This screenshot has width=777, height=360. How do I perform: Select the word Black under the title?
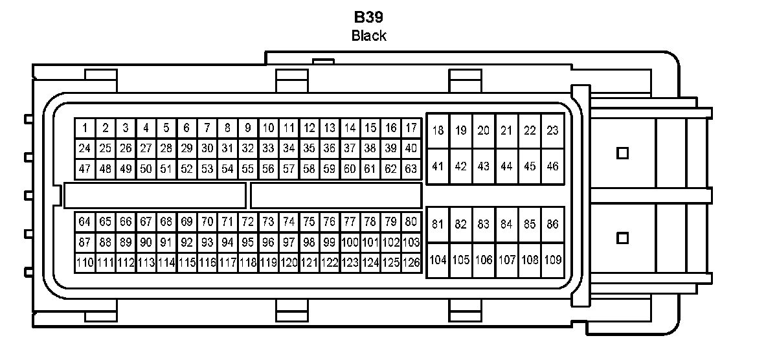[x=368, y=36]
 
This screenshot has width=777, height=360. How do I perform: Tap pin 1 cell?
[x=85, y=128]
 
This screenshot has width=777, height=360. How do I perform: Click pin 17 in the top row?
[x=411, y=128]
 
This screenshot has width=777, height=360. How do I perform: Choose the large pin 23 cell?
[x=552, y=131]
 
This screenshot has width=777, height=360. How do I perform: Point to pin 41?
[x=438, y=166]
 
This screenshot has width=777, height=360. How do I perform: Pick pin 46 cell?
[x=552, y=166]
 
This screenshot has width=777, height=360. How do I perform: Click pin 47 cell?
[x=85, y=169]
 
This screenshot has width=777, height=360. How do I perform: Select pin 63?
[x=411, y=169]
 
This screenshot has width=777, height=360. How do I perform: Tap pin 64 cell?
[x=85, y=221]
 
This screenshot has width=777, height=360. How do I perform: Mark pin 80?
[x=411, y=221]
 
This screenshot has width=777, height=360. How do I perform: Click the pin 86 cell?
[x=552, y=225]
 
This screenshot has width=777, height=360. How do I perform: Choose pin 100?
[x=350, y=242]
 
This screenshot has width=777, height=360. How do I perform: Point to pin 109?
[x=552, y=260]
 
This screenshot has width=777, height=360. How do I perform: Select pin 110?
[x=85, y=263]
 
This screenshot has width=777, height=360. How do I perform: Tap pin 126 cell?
[x=411, y=263]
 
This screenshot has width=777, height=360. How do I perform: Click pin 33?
[x=268, y=148]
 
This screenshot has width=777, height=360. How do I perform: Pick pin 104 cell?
[x=438, y=260]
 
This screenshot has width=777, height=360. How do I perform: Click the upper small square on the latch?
[x=623, y=153]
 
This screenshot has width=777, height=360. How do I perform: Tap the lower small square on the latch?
[x=623, y=238]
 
